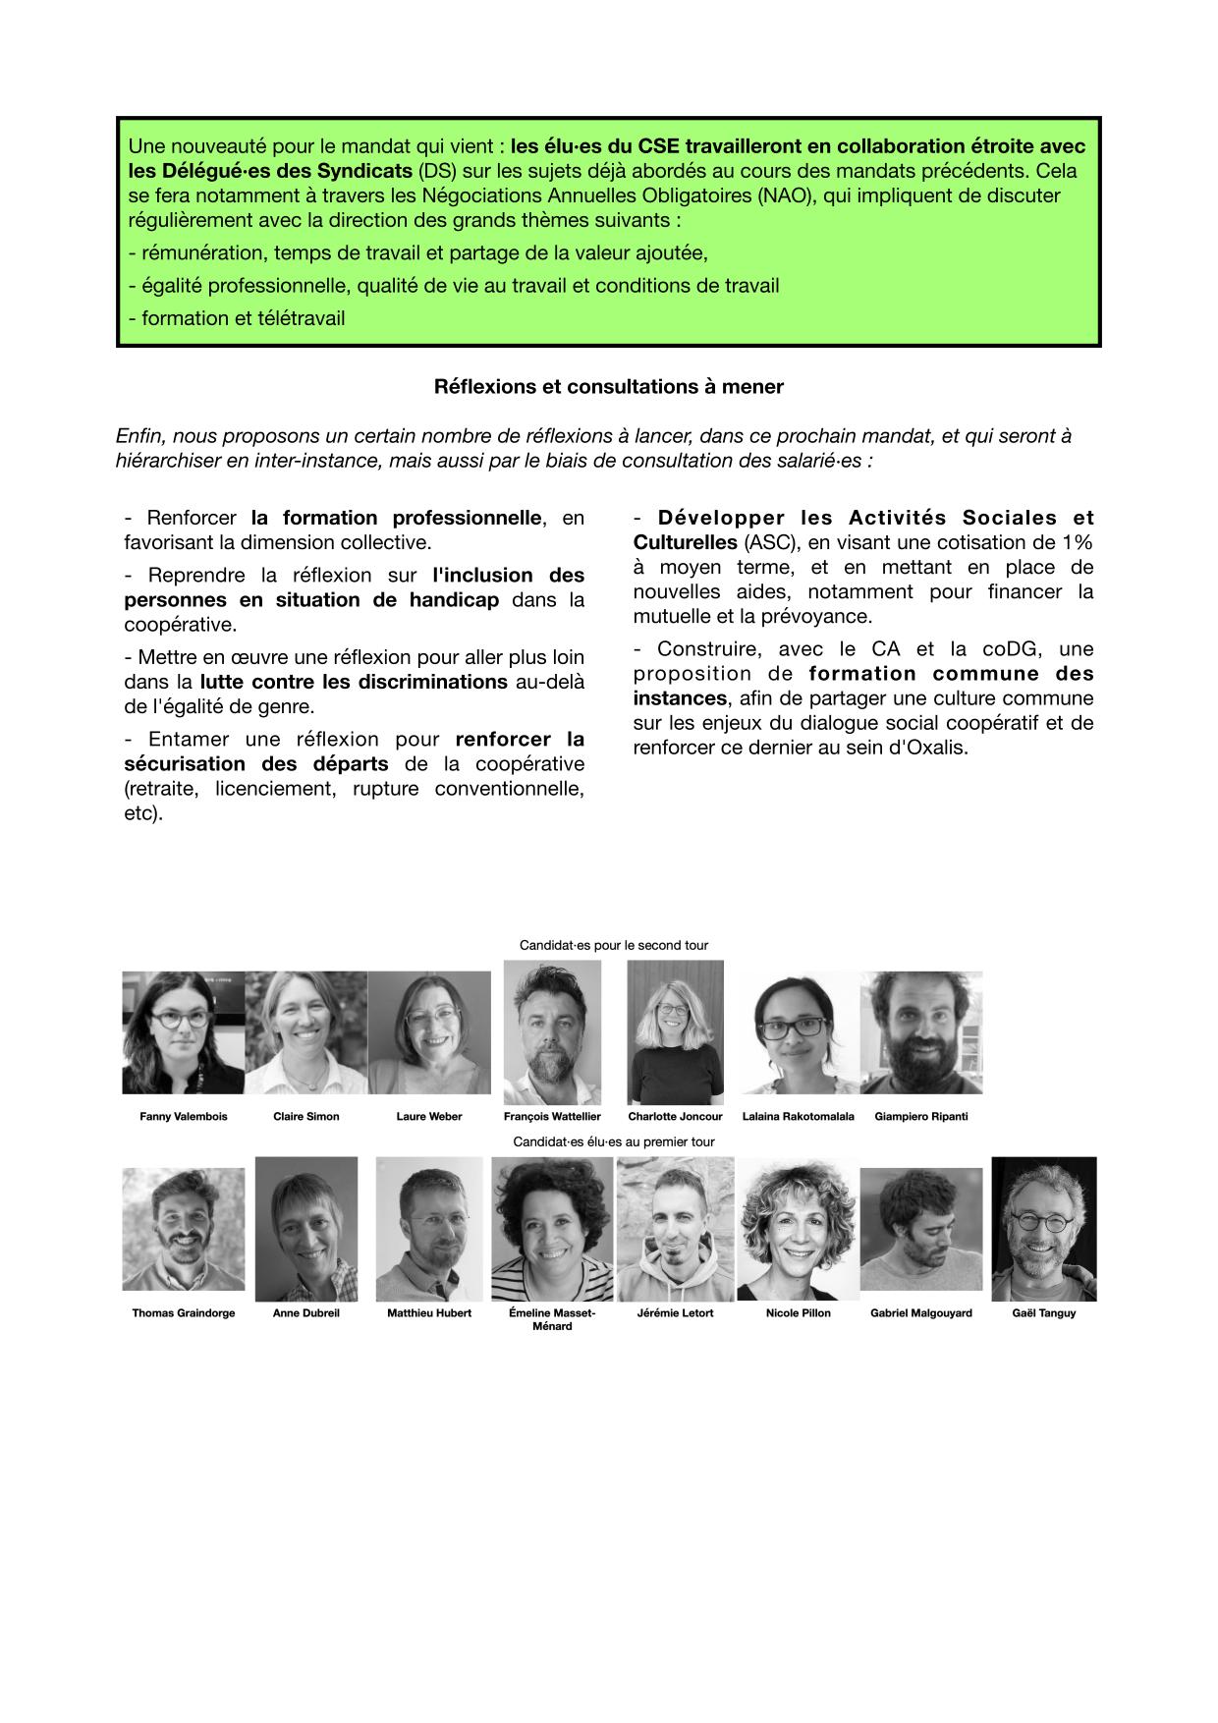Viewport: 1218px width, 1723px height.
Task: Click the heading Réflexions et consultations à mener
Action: [608, 387]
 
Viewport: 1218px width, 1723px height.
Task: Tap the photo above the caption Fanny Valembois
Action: [183, 1032]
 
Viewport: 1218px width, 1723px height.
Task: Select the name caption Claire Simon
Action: [305, 1117]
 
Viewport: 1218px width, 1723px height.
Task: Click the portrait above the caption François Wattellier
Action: [552, 1032]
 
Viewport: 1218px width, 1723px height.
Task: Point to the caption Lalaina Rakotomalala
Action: [798, 1117]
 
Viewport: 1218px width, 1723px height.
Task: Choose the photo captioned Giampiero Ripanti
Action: [920, 1032]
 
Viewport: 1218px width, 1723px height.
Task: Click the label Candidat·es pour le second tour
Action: [614, 946]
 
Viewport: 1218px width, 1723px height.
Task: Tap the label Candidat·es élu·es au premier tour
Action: [614, 1142]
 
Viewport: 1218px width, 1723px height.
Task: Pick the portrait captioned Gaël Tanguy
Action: [1043, 1229]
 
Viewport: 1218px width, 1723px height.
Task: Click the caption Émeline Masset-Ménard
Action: [552, 1319]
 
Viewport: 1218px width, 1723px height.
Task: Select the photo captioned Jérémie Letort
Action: [675, 1229]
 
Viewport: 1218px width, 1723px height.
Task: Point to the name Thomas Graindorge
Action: [184, 1313]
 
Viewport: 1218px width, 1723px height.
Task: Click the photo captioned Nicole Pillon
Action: [798, 1229]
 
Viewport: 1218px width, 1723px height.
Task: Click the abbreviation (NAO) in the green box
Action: [786, 195]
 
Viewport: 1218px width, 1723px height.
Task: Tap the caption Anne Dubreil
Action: [305, 1313]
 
